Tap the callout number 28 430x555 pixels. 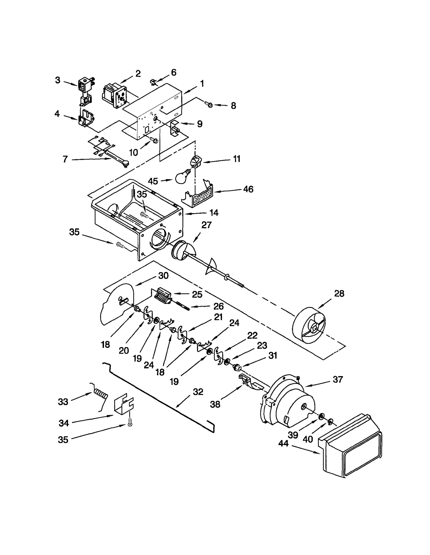[339, 294]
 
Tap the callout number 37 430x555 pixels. [338, 379]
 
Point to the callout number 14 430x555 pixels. [214, 213]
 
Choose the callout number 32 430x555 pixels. [198, 392]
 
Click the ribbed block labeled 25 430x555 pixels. [163, 296]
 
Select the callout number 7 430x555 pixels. [65, 159]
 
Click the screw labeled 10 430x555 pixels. [153, 140]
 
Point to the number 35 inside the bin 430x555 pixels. [142, 194]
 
